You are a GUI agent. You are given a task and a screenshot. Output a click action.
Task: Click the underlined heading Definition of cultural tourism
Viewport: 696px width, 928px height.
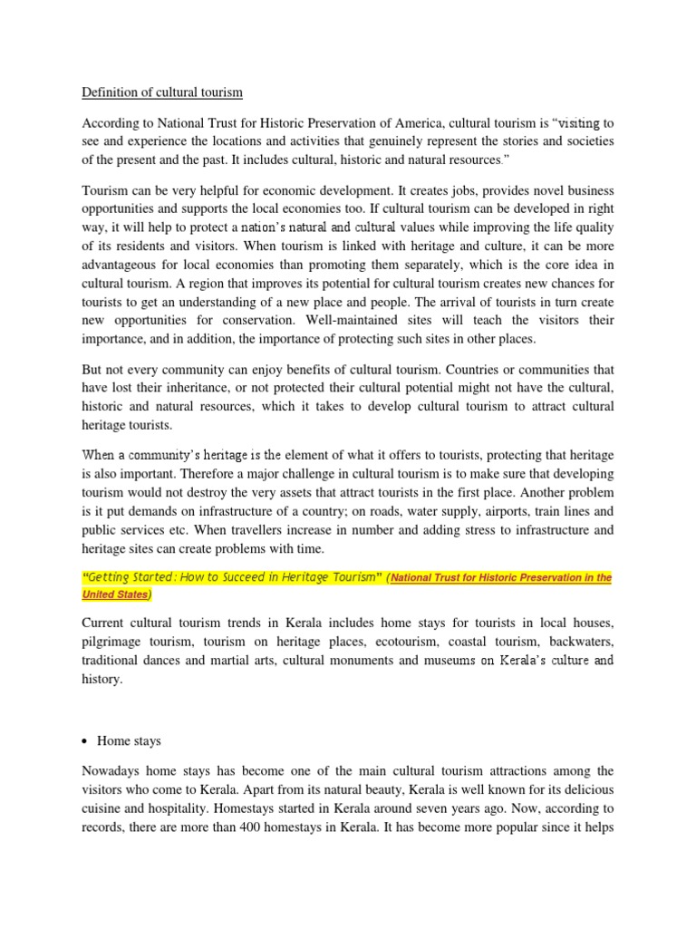pos(162,92)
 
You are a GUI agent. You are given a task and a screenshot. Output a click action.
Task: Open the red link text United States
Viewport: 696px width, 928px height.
pos(116,594)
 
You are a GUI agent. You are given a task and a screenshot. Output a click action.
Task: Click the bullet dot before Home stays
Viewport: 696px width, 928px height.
pos(86,741)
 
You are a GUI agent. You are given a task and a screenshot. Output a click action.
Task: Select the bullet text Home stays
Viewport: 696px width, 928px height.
pos(130,741)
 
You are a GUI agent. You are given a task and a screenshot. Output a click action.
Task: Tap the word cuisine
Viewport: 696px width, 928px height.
pos(104,807)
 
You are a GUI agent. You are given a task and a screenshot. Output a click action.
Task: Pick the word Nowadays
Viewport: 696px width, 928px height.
pos(112,771)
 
